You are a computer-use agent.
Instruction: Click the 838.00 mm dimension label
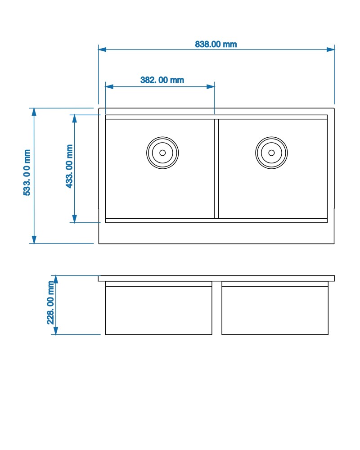(216, 44)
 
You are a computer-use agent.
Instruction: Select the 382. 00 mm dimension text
(162, 80)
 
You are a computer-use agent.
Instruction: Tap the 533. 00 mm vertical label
(27, 172)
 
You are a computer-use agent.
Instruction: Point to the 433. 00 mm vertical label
(69, 166)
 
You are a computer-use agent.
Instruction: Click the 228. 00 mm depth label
(50, 302)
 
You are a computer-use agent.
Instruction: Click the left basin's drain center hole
(162, 153)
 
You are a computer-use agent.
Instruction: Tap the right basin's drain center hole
(271, 153)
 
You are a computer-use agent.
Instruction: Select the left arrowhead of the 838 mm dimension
(102, 49)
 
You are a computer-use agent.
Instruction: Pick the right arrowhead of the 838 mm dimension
(330, 49)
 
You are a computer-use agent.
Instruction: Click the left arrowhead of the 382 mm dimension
(109, 86)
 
